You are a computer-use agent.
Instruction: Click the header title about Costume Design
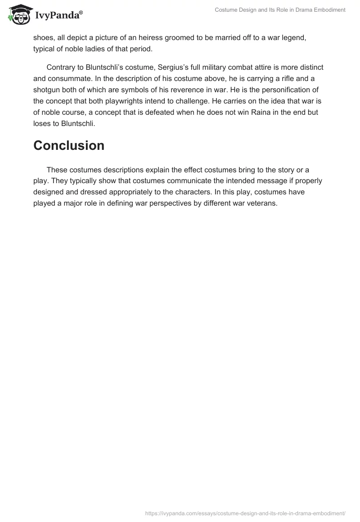280,10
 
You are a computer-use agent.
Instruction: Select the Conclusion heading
69,145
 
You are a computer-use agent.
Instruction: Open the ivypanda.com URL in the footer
245,513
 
